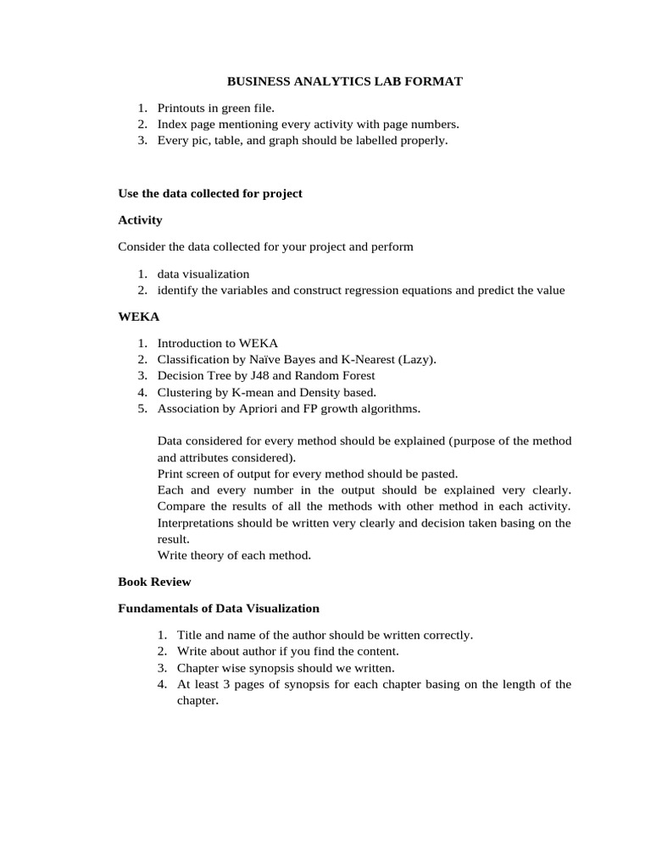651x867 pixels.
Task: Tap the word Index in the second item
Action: (172, 124)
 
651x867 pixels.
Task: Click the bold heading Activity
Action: (140, 220)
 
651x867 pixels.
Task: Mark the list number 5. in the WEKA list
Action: (142, 408)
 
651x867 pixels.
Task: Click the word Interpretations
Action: (200, 522)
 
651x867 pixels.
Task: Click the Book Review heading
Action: (154, 582)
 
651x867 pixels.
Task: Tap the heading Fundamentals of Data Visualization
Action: (219, 608)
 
